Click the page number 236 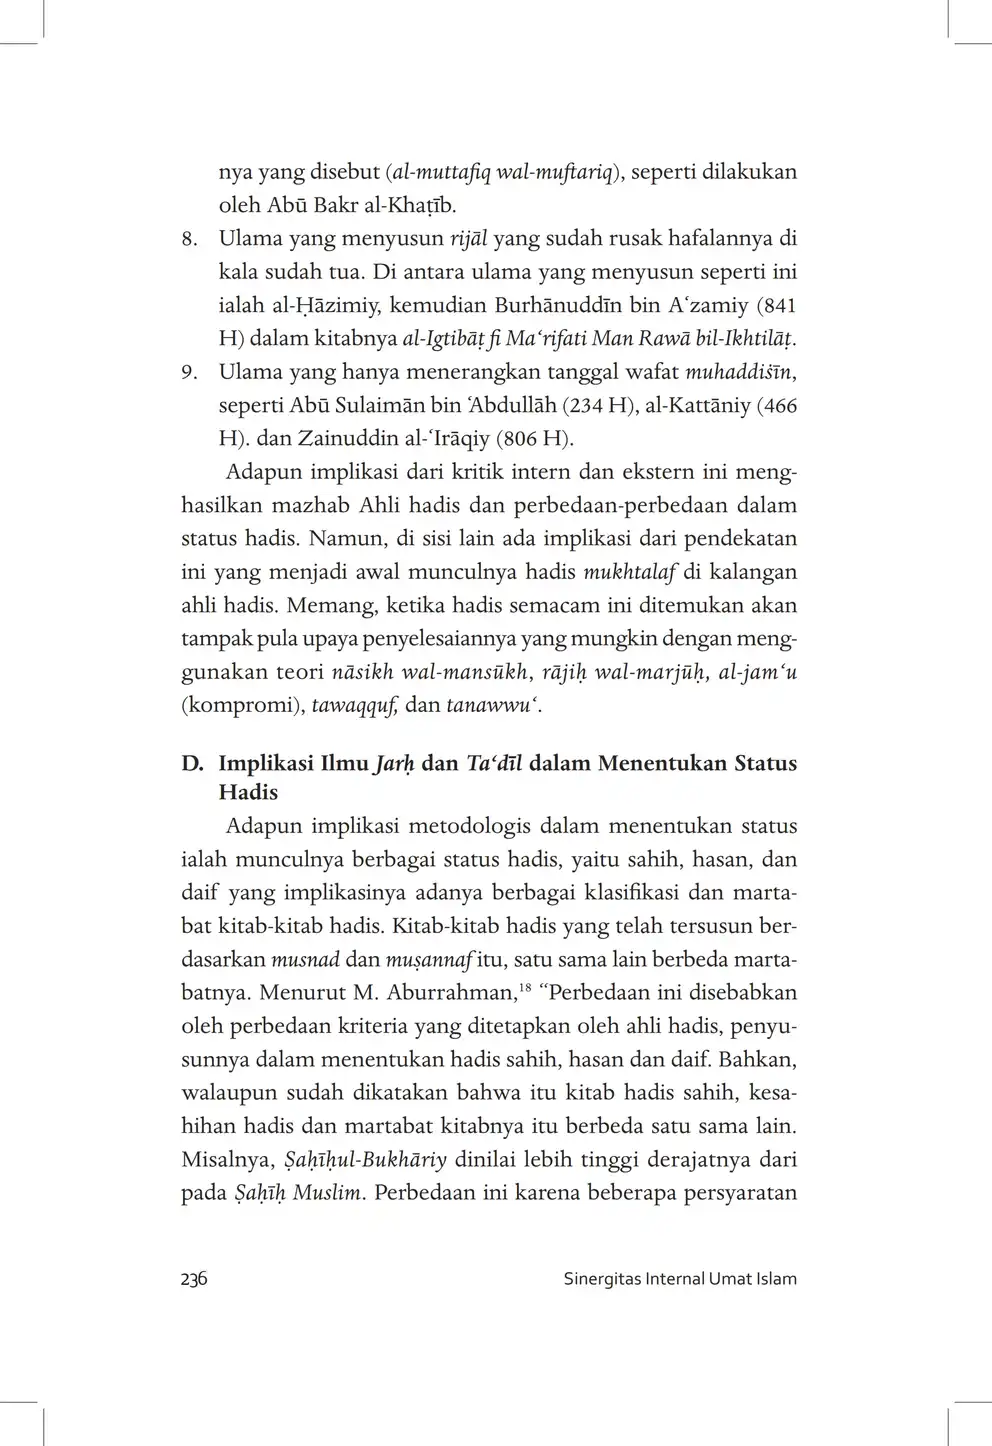coord(194,1279)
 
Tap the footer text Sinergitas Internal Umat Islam coord(680,1279)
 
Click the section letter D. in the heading coord(193,764)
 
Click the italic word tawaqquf coord(356,706)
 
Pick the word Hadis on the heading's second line coord(248,793)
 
